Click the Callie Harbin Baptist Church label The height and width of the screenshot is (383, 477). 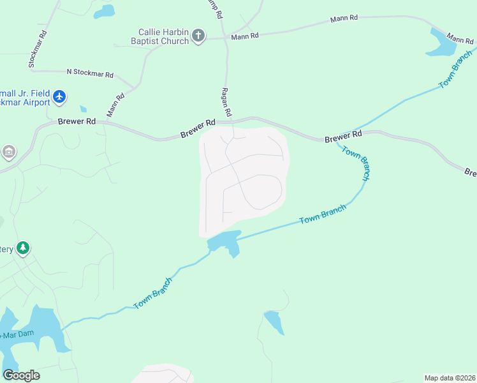point(164,36)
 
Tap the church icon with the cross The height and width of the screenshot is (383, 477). point(198,35)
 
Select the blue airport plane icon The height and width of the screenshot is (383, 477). point(59,96)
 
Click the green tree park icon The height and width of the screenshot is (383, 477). point(24,248)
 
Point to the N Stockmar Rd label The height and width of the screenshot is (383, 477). point(90,73)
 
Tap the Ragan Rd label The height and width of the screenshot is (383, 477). point(225,101)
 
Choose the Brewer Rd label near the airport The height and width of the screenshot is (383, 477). point(77,121)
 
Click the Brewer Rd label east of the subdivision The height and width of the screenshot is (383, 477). point(343,137)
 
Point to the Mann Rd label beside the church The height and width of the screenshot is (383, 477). point(246,36)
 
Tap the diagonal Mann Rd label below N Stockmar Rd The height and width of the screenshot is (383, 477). point(115,105)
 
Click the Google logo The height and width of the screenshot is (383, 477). point(21,375)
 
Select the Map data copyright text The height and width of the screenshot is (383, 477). point(450,378)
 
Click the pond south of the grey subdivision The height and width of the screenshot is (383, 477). point(224,243)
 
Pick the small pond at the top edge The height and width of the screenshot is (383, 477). point(104,11)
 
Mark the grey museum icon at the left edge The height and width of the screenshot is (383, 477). point(9,152)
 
